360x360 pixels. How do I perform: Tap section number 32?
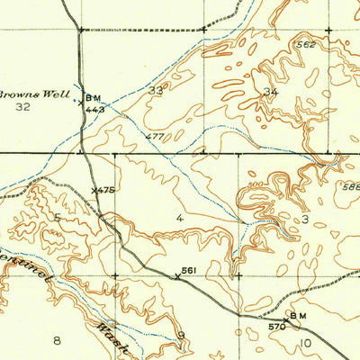point(23,106)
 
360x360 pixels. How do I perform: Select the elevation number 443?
point(96,109)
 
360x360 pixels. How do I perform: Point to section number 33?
point(157,90)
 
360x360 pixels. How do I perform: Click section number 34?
point(269,92)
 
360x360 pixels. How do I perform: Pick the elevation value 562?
point(306,43)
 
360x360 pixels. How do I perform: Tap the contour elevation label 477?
point(155,137)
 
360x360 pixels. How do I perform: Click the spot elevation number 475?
point(106,190)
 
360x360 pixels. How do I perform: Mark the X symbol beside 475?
point(94,190)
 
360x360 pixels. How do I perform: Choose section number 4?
point(180,218)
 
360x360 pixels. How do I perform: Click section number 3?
point(305,219)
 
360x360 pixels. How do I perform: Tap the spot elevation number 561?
point(189,270)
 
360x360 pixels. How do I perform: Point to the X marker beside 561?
point(176,275)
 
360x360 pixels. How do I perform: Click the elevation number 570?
point(276,327)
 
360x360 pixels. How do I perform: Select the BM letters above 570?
point(297,316)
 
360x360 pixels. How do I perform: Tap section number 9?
point(181,337)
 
